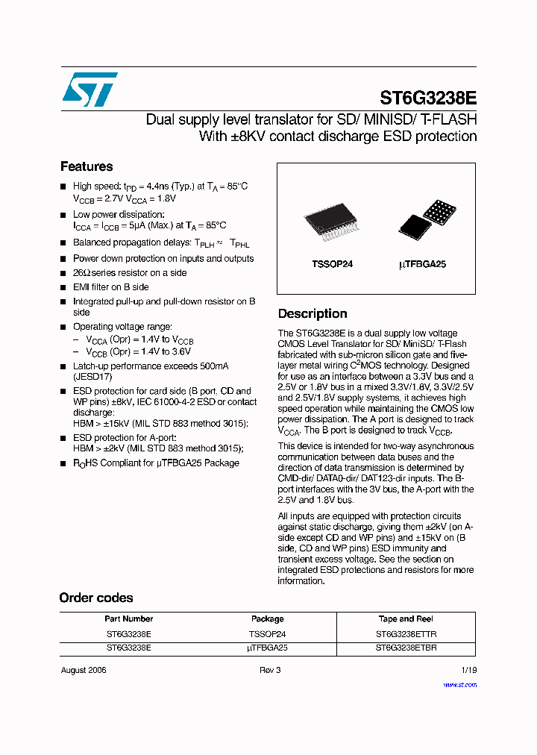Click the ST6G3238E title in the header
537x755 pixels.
(428, 98)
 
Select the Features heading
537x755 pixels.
(87, 166)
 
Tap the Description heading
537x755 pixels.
(313, 313)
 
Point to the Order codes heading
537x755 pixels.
(96, 598)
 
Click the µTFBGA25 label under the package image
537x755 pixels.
(423, 264)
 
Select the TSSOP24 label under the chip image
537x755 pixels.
(332, 264)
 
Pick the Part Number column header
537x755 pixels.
(129, 618)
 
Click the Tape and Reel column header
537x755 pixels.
(406, 618)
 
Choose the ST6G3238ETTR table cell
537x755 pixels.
(406, 633)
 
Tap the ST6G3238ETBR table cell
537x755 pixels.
(406, 648)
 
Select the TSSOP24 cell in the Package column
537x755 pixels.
(267, 633)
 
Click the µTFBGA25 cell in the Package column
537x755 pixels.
(267, 648)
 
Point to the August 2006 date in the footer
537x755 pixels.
(84, 670)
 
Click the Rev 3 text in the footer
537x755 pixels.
(269, 670)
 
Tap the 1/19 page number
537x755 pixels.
(468, 670)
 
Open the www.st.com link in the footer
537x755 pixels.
(459, 684)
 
